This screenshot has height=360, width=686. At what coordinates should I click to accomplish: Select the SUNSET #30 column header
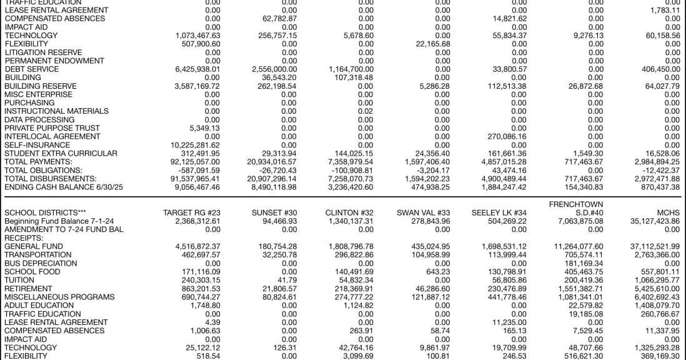[275, 212]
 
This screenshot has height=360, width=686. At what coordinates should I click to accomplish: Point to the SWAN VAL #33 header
[423, 212]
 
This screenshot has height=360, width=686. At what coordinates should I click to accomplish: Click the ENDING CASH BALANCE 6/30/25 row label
[56, 187]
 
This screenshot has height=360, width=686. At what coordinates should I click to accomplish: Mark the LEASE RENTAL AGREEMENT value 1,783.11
[665, 11]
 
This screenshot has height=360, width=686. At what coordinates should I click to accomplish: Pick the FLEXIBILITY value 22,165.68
[433, 44]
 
